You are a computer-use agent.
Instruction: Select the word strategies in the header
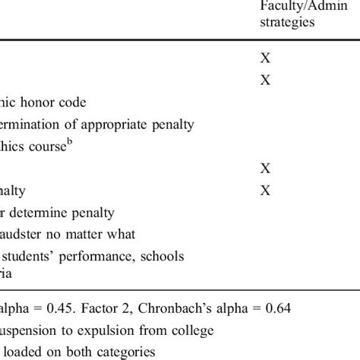(x=287, y=23)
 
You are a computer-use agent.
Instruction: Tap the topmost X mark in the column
(x=265, y=58)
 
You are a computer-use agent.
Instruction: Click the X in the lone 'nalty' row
(x=265, y=191)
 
